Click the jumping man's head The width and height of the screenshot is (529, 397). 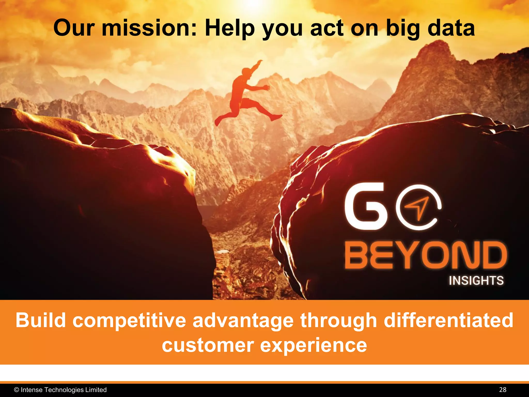[246, 72]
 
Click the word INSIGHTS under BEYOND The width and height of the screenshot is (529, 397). [476, 281]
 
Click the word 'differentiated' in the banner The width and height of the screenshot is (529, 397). [448, 320]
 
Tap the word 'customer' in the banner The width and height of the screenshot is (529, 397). [208, 345]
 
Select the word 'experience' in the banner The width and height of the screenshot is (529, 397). [313, 345]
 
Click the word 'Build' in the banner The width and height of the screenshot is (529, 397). [41, 320]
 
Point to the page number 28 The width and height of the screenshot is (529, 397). [503, 390]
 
